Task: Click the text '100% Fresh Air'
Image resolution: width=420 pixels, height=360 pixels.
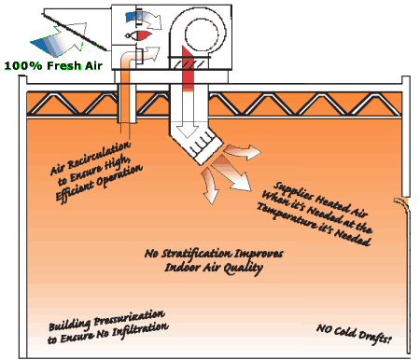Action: (x=52, y=66)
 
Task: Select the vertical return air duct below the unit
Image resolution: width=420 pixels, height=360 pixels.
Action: (x=125, y=103)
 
